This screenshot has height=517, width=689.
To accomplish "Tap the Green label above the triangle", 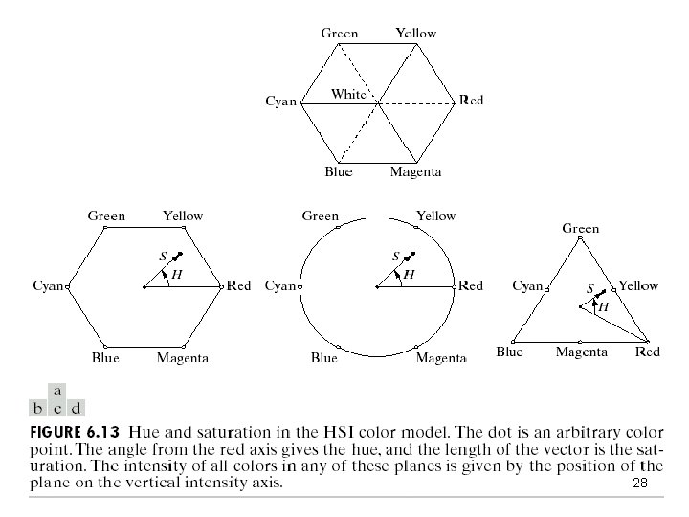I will click(x=581, y=229).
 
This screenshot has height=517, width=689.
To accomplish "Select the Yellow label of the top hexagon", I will click(x=415, y=34).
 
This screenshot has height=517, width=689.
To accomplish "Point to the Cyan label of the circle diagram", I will click(x=280, y=285).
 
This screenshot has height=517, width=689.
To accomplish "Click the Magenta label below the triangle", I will click(x=581, y=352).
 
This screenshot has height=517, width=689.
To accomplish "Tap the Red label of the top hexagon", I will click(x=471, y=101).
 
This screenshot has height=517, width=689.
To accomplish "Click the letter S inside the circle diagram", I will click(x=396, y=257).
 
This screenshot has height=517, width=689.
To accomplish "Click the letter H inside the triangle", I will click(x=603, y=306).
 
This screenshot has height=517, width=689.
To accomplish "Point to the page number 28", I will click(x=640, y=484).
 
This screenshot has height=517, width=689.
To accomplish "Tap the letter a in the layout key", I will click(x=57, y=392).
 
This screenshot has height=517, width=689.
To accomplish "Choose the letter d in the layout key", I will click(x=76, y=407).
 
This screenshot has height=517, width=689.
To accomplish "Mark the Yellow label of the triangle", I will click(x=638, y=285).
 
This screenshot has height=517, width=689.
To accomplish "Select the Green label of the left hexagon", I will click(x=106, y=216).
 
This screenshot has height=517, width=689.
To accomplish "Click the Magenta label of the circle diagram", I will click(x=441, y=358).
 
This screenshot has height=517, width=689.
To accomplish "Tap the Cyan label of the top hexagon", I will click(x=281, y=101).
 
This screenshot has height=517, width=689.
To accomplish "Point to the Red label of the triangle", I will click(x=648, y=352).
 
